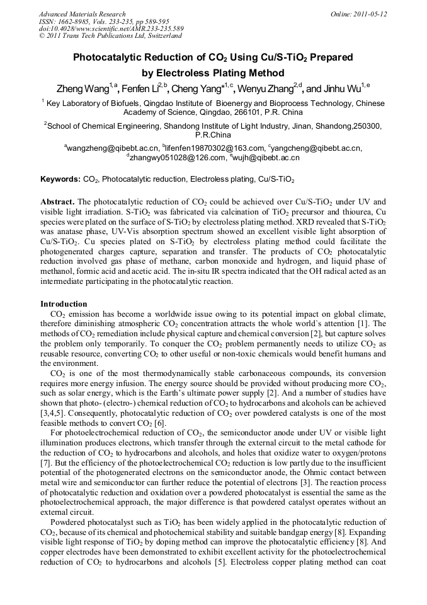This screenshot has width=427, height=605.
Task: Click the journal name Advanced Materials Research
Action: tap(82, 14)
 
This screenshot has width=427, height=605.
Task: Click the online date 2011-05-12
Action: tap(372, 14)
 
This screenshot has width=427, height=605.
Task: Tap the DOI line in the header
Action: tap(111, 29)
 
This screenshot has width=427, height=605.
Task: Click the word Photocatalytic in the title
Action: tap(108, 57)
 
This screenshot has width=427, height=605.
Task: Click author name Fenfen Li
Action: tap(142, 89)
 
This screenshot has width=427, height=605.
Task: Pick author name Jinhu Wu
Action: tap(343, 89)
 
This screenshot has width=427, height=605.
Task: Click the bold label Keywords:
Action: tap(60, 179)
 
